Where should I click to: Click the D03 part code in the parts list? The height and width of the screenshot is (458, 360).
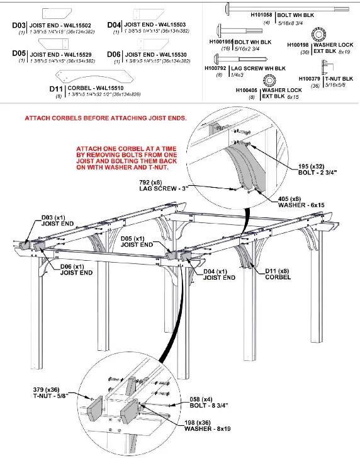20,25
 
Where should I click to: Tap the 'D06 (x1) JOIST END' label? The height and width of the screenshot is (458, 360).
78,270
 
